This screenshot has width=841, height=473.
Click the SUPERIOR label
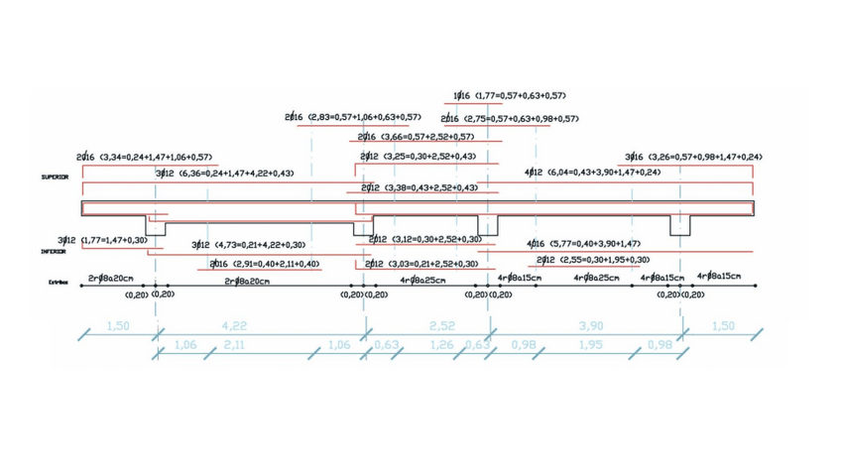(x=56, y=179)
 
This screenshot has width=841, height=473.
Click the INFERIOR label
(x=54, y=252)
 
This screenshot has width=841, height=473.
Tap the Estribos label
(x=61, y=283)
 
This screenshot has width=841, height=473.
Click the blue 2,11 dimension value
(x=234, y=344)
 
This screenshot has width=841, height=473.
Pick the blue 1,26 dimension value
(x=439, y=344)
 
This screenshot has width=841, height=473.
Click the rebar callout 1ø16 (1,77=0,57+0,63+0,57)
(x=509, y=96)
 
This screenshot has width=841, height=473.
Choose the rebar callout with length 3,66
(x=417, y=137)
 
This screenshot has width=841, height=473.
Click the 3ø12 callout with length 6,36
(x=224, y=174)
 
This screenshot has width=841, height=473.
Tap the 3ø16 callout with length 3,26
(x=693, y=157)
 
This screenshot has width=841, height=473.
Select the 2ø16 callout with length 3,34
(x=145, y=157)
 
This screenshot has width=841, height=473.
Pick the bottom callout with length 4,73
(x=248, y=245)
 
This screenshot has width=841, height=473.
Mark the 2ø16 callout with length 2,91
(x=265, y=264)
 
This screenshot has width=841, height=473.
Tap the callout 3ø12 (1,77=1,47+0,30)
(x=102, y=240)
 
